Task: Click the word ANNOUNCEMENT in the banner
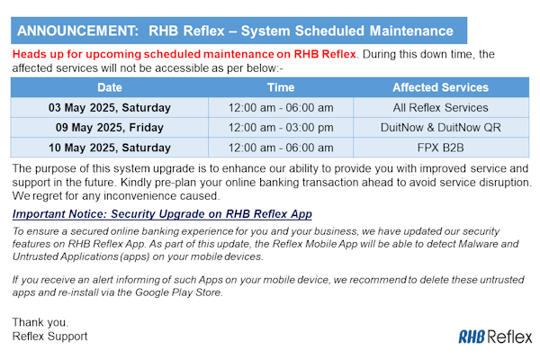click(77, 31)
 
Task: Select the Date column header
click(110, 87)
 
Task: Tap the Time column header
click(281, 87)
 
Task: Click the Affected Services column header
click(440, 87)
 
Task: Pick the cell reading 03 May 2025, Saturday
click(110, 108)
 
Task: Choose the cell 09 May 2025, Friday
click(110, 128)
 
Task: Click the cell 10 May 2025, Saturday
click(110, 148)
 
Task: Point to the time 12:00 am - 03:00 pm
click(281, 128)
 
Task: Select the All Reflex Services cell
click(440, 108)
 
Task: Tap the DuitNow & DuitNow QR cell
click(440, 128)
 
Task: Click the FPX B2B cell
click(440, 148)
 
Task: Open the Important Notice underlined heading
click(162, 214)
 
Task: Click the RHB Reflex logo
click(495, 337)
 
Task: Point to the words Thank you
click(40, 322)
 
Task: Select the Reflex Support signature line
click(49, 337)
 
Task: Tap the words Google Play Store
click(179, 292)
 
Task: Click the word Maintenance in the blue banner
click(411, 31)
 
